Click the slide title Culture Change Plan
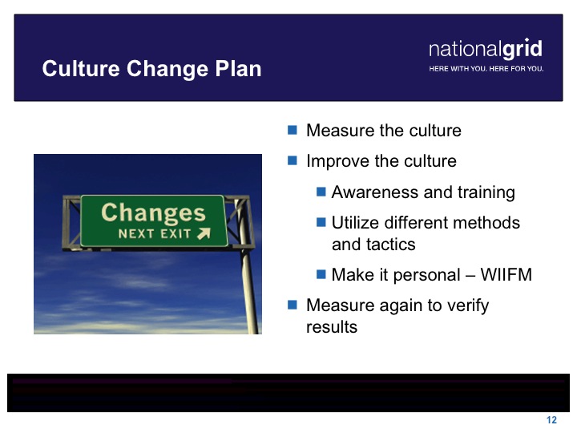pos(151,69)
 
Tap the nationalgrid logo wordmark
pos(486,49)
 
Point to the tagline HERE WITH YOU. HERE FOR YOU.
pos(486,69)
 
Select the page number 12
pos(551,420)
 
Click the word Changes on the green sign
pos(153,213)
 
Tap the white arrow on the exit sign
pos(204,233)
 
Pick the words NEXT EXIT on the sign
pos(155,234)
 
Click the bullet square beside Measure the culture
pos(293,130)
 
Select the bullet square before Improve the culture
pos(293,160)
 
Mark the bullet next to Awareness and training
pos(321,192)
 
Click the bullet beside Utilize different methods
pos(321,222)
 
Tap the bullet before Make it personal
pos(321,274)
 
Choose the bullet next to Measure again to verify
pos(293,305)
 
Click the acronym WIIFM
pos(506,275)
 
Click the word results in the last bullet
pos(332,327)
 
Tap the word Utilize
pos(354,223)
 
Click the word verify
pos(469,306)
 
